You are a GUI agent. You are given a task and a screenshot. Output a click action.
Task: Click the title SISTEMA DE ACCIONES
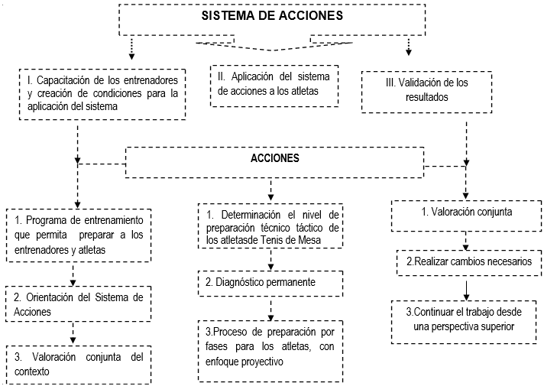pos(272,15)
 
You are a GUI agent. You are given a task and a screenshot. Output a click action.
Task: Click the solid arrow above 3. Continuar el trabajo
pos(467,290)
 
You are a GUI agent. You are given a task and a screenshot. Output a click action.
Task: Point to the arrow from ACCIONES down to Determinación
pos(271,190)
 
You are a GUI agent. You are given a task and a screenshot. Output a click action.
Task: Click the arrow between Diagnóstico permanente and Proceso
pos(271,310)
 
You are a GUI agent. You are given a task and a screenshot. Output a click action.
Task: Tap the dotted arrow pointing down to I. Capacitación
pos(131,48)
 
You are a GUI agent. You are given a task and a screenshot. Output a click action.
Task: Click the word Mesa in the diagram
pos(309,240)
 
